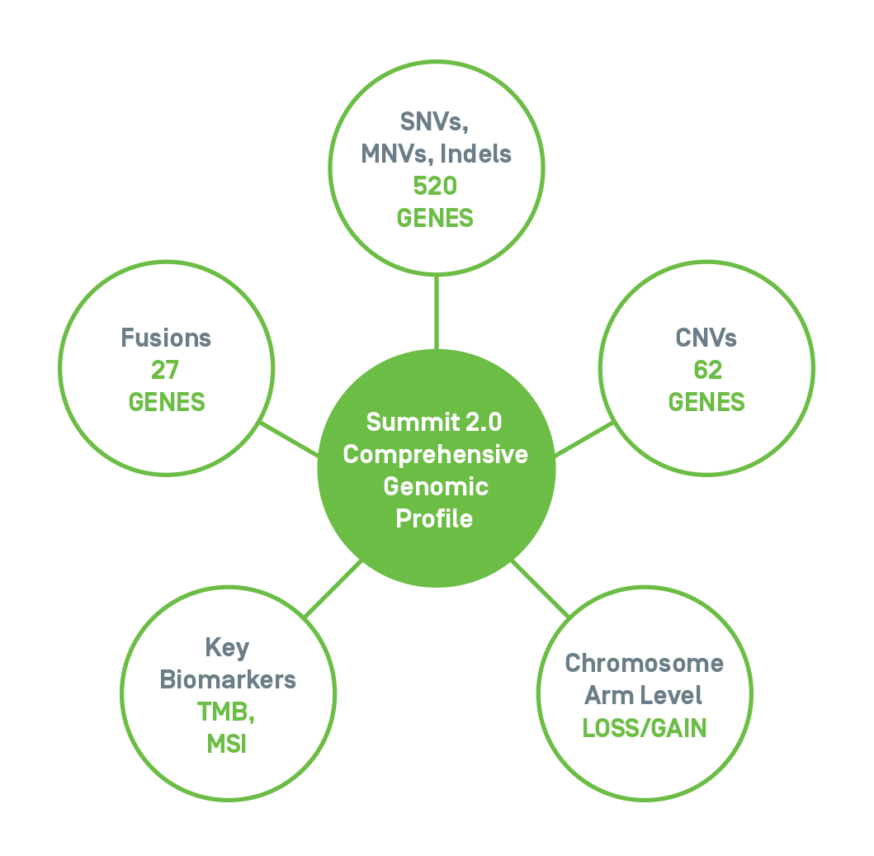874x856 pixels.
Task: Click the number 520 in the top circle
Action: click(436, 186)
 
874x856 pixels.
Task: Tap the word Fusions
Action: click(166, 338)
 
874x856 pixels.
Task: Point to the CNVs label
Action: click(706, 338)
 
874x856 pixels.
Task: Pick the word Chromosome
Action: click(644, 664)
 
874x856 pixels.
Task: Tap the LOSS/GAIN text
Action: click(644, 728)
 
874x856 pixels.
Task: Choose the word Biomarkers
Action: click(228, 679)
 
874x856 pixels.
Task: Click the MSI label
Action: click(226, 745)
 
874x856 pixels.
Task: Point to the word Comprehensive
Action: click(436, 454)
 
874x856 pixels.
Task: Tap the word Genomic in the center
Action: click(436, 486)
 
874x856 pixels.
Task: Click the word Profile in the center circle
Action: click(435, 518)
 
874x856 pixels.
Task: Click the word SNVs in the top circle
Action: click(434, 121)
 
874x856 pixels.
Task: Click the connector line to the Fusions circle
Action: click(289, 439)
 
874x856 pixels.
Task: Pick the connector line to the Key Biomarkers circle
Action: click(333, 589)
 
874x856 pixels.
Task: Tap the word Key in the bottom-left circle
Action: click(227, 648)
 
